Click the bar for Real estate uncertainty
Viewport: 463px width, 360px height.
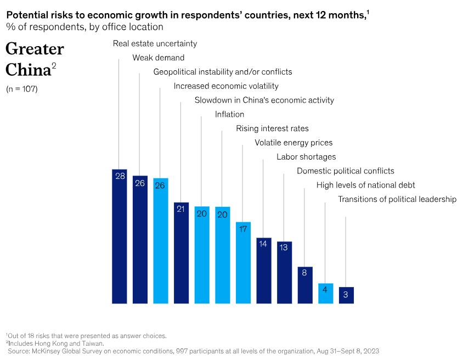click(119, 236)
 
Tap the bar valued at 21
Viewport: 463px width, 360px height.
click(181, 252)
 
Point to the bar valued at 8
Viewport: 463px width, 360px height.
click(305, 285)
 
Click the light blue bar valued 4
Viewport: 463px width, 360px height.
click(326, 293)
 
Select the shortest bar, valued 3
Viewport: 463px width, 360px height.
click(346, 295)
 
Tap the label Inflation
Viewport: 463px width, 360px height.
click(229, 114)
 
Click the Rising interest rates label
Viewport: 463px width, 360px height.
click(272, 128)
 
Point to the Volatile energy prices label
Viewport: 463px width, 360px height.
click(293, 143)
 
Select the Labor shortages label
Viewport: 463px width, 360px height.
click(306, 157)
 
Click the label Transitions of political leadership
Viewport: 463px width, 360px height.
click(397, 199)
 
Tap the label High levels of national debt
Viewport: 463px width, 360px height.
click(365, 185)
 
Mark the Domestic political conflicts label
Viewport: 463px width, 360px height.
click(345, 171)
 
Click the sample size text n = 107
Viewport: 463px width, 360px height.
click(22, 88)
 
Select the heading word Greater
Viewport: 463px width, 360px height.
click(35, 49)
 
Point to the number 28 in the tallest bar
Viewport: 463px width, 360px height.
click(119, 176)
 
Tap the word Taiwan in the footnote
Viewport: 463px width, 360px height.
click(93, 343)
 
